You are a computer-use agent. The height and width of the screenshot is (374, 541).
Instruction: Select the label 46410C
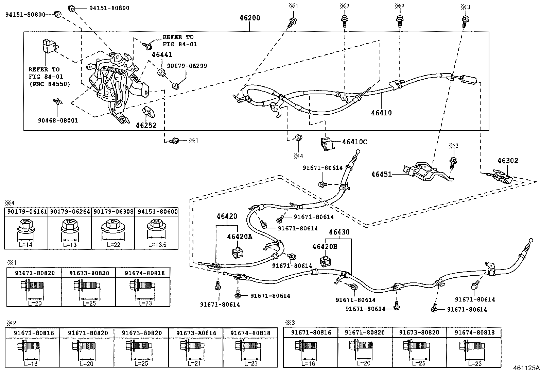[x=354, y=142]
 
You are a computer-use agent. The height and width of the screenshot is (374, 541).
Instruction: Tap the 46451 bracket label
[x=382, y=174]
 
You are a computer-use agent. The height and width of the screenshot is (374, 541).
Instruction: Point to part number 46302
[x=508, y=161]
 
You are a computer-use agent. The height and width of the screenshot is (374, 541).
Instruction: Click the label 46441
[x=162, y=54]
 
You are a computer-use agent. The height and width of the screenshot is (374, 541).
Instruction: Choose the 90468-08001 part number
[x=58, y=120]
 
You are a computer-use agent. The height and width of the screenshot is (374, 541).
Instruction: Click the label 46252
[x=146, y=125]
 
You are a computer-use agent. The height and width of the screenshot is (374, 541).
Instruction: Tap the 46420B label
[x=325, y=247]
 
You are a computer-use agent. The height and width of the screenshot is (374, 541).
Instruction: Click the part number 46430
[x=339, y=232]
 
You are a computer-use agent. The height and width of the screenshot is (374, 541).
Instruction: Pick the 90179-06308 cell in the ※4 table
[x=114, y=211]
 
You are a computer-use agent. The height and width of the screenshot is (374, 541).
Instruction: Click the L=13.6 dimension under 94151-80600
[x=157, y=244]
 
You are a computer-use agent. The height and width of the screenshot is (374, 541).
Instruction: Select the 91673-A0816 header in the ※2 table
[x=196, y=333]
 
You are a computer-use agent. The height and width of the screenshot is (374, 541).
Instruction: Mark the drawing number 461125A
[x=526, y=368]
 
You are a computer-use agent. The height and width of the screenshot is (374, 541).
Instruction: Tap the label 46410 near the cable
[x=381, y=113]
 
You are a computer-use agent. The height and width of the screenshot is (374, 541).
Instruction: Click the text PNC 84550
[x=50, y=84]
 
